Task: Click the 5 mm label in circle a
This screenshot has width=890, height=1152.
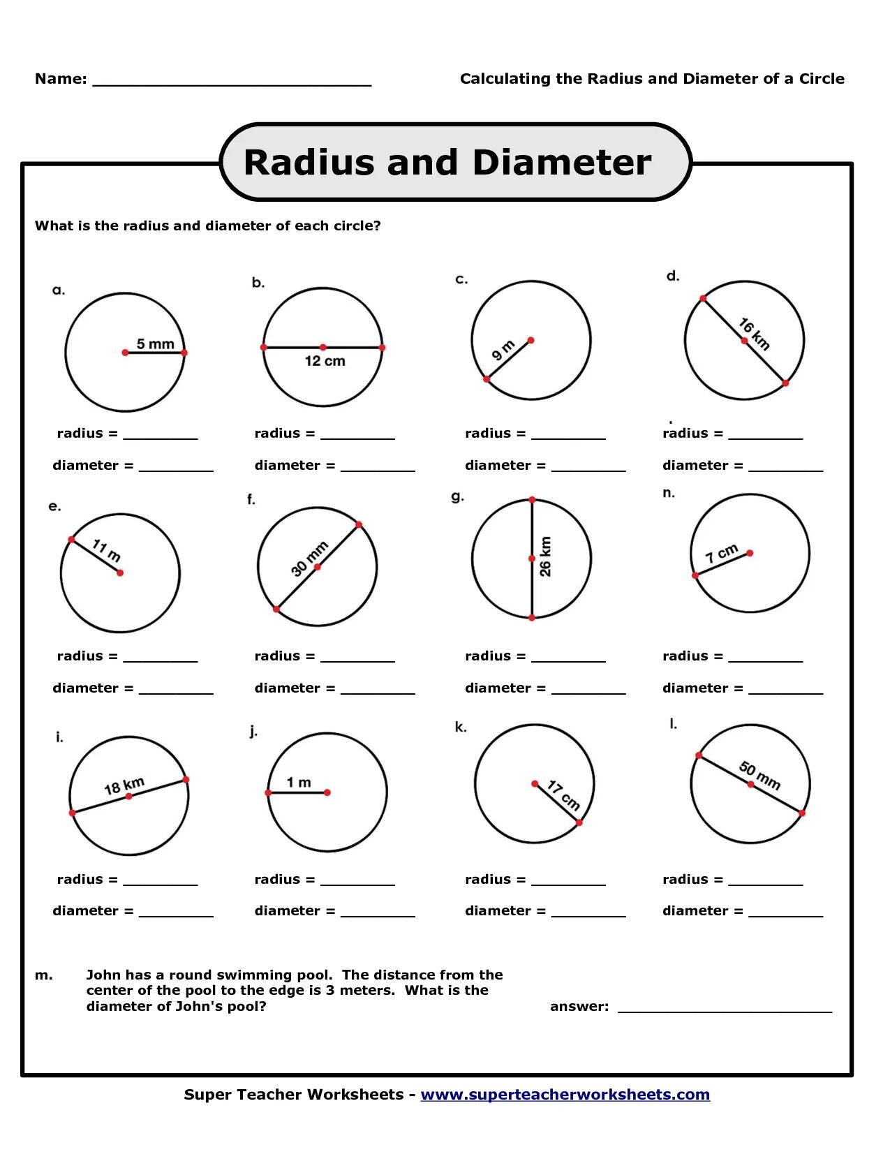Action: pos(155,344)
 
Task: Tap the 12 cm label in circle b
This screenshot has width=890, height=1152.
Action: pos(325,361)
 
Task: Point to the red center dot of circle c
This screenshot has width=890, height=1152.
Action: pos(531,340)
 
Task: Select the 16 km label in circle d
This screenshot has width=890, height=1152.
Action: pos(755,334)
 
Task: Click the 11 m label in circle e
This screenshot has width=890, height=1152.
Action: pos(106,550)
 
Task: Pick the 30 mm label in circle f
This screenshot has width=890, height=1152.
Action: pos(309,559)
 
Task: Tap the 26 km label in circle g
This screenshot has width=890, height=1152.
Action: pos(545,556)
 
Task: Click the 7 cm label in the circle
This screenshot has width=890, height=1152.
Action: pos(721,553)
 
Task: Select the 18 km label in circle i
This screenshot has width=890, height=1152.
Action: pos(124,785)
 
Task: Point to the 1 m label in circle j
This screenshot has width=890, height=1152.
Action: pos(299,783)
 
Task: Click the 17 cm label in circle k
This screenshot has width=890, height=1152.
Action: pos(563,795)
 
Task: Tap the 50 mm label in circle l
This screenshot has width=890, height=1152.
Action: pos(759,775)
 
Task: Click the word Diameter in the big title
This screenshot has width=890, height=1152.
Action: pos(561,163)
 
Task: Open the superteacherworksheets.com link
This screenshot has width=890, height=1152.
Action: pos(565,1094)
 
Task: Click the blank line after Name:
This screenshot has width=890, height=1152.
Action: pos(232,80)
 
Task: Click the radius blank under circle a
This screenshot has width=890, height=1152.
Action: pos(161,434)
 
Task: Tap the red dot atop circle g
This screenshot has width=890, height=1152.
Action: pos(532,500)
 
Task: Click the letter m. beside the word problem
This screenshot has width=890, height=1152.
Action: pos(43,975)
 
